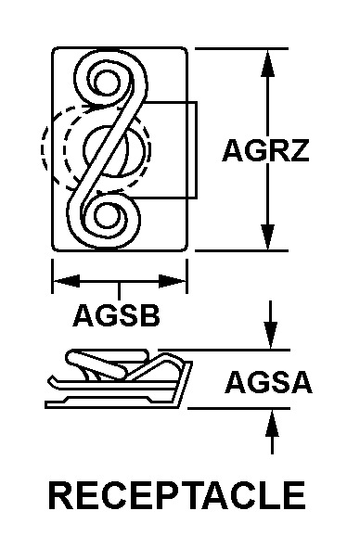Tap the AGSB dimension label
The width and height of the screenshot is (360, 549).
[x=117, y=316]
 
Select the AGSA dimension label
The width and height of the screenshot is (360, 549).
[x=268, y=381]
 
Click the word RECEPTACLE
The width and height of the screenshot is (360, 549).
[x=176, y=495]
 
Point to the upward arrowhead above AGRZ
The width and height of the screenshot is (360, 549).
[x=268, y=57]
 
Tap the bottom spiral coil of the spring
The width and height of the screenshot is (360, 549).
[x=109, y=219]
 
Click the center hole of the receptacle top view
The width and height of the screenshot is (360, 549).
[x=116, y=148]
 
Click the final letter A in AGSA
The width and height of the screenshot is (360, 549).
[x=299, y=381]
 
